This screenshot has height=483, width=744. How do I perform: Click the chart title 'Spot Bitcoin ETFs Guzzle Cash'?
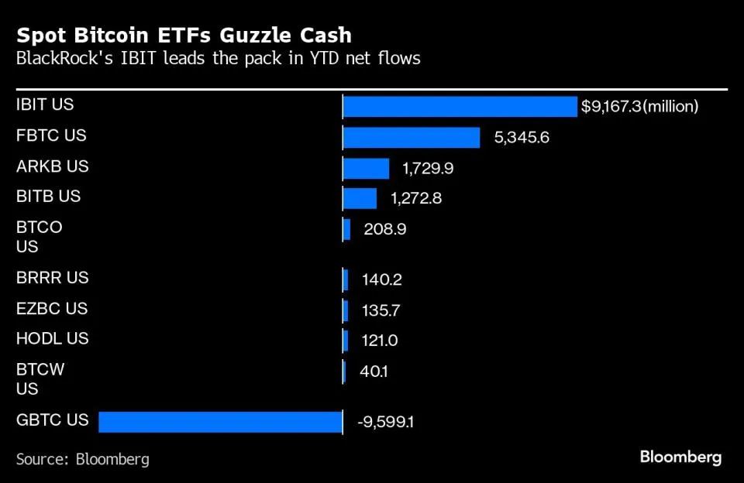tap(184, 36)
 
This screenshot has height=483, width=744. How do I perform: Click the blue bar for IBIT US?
tap(460, 106)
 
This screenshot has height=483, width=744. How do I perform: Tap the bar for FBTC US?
tap(412, 137)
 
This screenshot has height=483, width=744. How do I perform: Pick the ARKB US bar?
tap(366, 168)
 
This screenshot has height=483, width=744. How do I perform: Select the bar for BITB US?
tap(360, 198)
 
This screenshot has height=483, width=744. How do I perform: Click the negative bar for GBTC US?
tap(220, 422)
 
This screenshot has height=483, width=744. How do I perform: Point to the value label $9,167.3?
tap(611, 107)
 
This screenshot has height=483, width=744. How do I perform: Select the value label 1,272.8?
tap(416, 199)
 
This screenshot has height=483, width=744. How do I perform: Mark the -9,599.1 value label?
tap(385, 423)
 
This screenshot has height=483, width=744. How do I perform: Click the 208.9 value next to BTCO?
tap(384, 229)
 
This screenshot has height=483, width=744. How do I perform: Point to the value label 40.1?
tap(374, 372)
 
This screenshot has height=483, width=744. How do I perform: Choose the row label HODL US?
tap(52, 338)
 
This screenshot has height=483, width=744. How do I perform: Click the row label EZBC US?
tap(52, 308)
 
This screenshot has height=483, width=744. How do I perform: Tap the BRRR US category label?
tap(52, 277)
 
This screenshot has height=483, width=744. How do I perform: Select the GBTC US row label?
tap(52, 420)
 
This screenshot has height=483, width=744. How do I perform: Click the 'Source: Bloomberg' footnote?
tap(82, 459)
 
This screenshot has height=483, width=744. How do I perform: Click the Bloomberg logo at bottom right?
tap(680, 457)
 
